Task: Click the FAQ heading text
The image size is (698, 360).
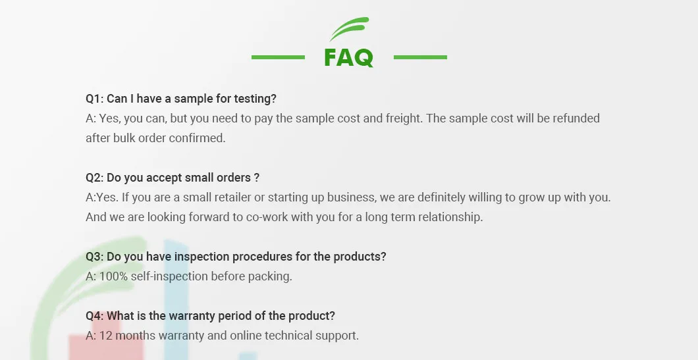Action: click(348, 58)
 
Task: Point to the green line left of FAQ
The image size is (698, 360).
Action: click(278, 57)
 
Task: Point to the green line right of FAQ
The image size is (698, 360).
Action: click(420, 57)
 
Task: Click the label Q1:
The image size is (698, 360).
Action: click(95, 99)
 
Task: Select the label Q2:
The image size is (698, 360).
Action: click(95, 178)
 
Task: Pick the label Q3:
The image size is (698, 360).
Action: click(95, 257)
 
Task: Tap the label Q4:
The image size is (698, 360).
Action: click(95, 316)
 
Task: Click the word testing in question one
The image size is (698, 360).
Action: click(254, 99)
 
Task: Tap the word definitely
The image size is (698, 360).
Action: click(439, 197)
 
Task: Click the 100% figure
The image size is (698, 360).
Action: click(113, 276)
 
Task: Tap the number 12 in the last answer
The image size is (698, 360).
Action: click(106, 336)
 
